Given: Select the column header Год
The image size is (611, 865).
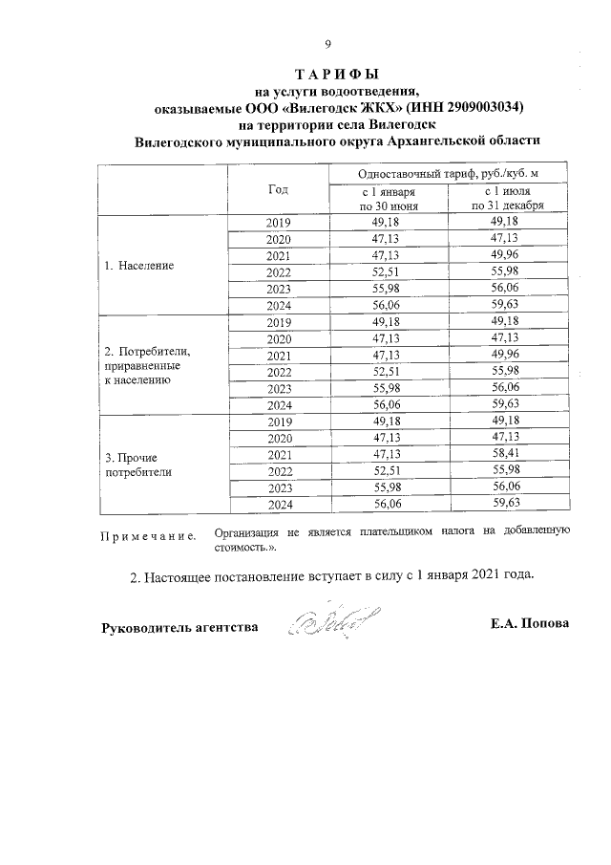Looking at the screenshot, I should point(278,188).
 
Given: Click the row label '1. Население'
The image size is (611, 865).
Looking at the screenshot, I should point(139,265).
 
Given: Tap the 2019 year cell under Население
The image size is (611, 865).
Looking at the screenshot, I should point(278,223).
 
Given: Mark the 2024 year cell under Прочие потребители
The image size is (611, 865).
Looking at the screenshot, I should point(278,504).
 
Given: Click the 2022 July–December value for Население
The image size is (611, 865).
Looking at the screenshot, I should point(508,272).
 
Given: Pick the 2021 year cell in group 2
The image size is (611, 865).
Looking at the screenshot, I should point(278,356).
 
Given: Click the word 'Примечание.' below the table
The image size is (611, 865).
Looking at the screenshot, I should point(148,535).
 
